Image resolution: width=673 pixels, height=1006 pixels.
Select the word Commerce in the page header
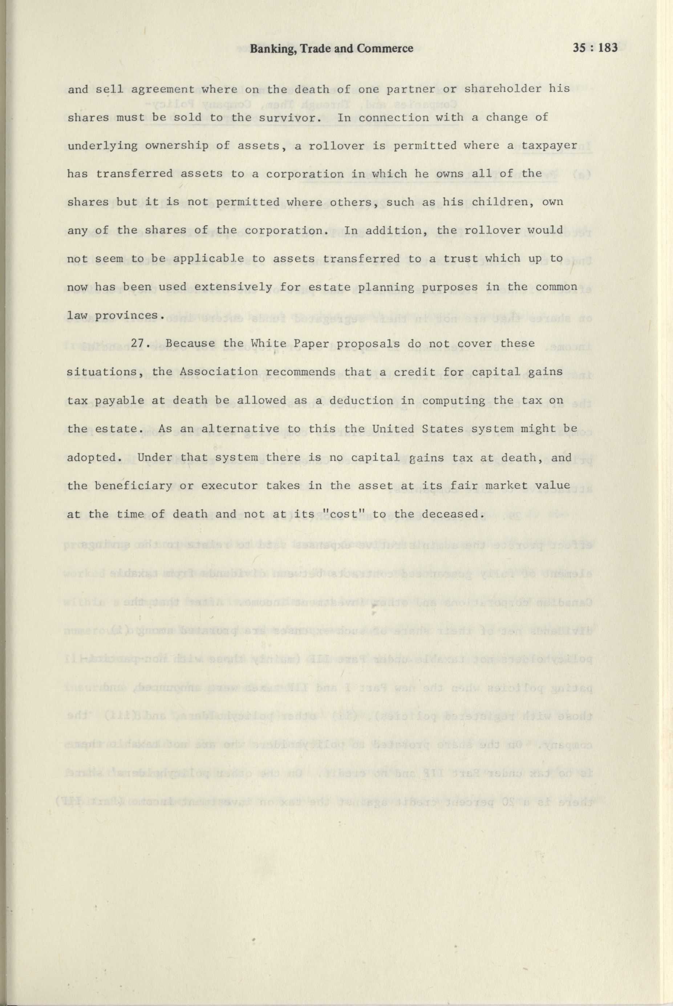(388, 48)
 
